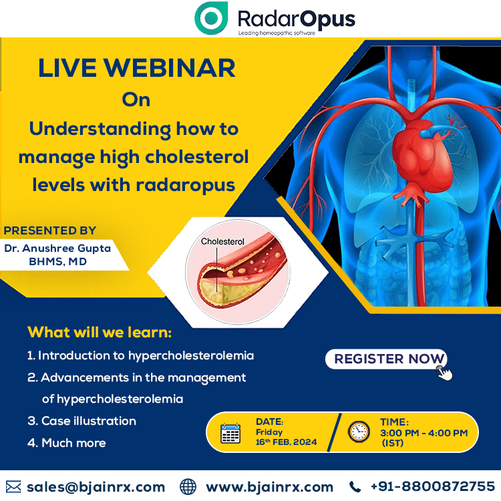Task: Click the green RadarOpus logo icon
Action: pyautogui.click(x=211, y=18)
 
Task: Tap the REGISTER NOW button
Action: pyautogui.click(x=386, y=359)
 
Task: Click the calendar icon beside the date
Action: pyautogui.click(x=230, y=434)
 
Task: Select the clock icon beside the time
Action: pyautogui.click(x=359, y=432)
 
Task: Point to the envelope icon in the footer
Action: pyautogui.click(x=13, y=487)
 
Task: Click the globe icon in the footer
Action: pyautogui.click(x=188, y=487)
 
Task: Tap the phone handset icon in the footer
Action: pyautogui.click(x=355, y=487)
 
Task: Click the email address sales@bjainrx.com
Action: pyautogui.click(x=96, y=487)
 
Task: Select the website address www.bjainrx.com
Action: pyautogui.click(x=269, y=487)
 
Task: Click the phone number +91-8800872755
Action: pyautogui.click(x=433, y=486)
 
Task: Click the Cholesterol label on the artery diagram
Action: pyautogui.click(x=222, y=242)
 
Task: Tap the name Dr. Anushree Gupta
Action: pyautogui.click(x=57, y=248)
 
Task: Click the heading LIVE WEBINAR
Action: pyautogui.click(x=137, y=68)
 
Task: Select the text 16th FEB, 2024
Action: pyautogui.click(x=286, y=442)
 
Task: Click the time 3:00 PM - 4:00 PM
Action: pyautogui.click(x=424, y=433)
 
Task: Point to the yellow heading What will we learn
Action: pyautogui.click(x=100, y=332)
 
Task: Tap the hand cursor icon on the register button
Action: pyautogui.click(x=444, y=373)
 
